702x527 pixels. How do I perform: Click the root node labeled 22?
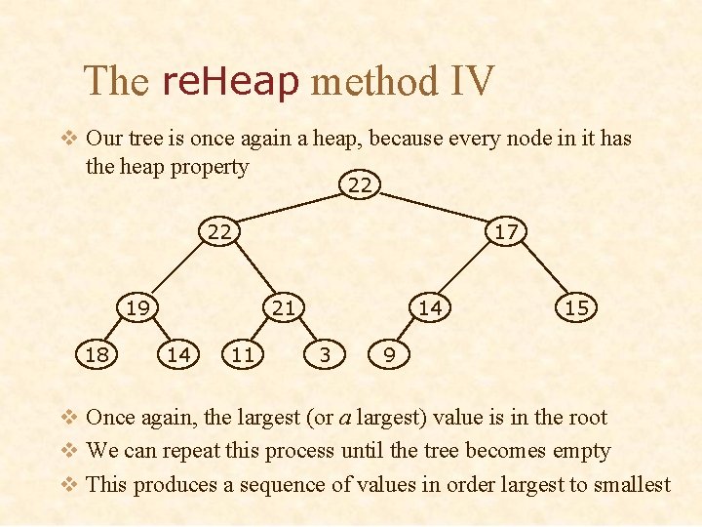pos(360,183)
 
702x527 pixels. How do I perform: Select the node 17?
pos(506,231)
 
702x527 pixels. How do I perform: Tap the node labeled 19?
pos(137,308)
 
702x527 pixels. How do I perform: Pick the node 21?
pos(283,308)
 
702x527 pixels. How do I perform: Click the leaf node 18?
pos(97,355)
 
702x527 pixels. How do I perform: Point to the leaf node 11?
pos(243,355)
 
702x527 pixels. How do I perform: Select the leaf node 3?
pos(325,355)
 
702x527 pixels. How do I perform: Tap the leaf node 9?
pos(389,355)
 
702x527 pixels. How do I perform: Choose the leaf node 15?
pos(576,308)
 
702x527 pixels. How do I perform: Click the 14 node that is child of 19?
pos(178,355)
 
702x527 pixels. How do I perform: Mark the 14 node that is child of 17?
pos(430,308)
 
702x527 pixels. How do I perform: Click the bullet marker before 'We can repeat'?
pos(69,451)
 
